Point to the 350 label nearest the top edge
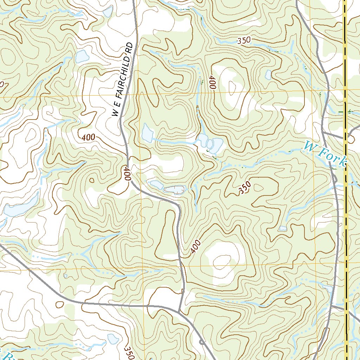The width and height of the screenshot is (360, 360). coord(244,40)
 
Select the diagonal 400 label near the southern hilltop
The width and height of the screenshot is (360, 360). coord(195,247)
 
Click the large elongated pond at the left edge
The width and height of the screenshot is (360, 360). coord(21,206)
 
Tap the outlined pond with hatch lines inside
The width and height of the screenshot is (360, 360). coord(175,190)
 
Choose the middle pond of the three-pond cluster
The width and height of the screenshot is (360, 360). coord(210,144)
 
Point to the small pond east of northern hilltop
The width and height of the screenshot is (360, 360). coord(268,75)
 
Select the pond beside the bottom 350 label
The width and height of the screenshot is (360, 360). coord(113,339)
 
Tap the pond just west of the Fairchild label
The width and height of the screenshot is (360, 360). coord(81,56)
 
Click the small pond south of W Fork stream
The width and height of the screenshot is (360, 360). coord(283,229)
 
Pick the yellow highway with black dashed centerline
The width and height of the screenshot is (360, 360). coord(346,211)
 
